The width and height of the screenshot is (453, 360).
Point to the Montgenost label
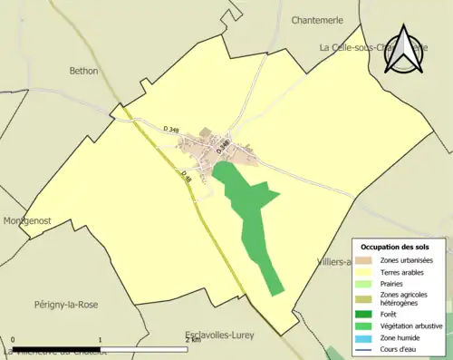(x=25, y=220)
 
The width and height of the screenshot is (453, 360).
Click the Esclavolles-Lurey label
(x=217, y=335)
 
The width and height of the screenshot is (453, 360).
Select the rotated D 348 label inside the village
(x=223, y=145)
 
